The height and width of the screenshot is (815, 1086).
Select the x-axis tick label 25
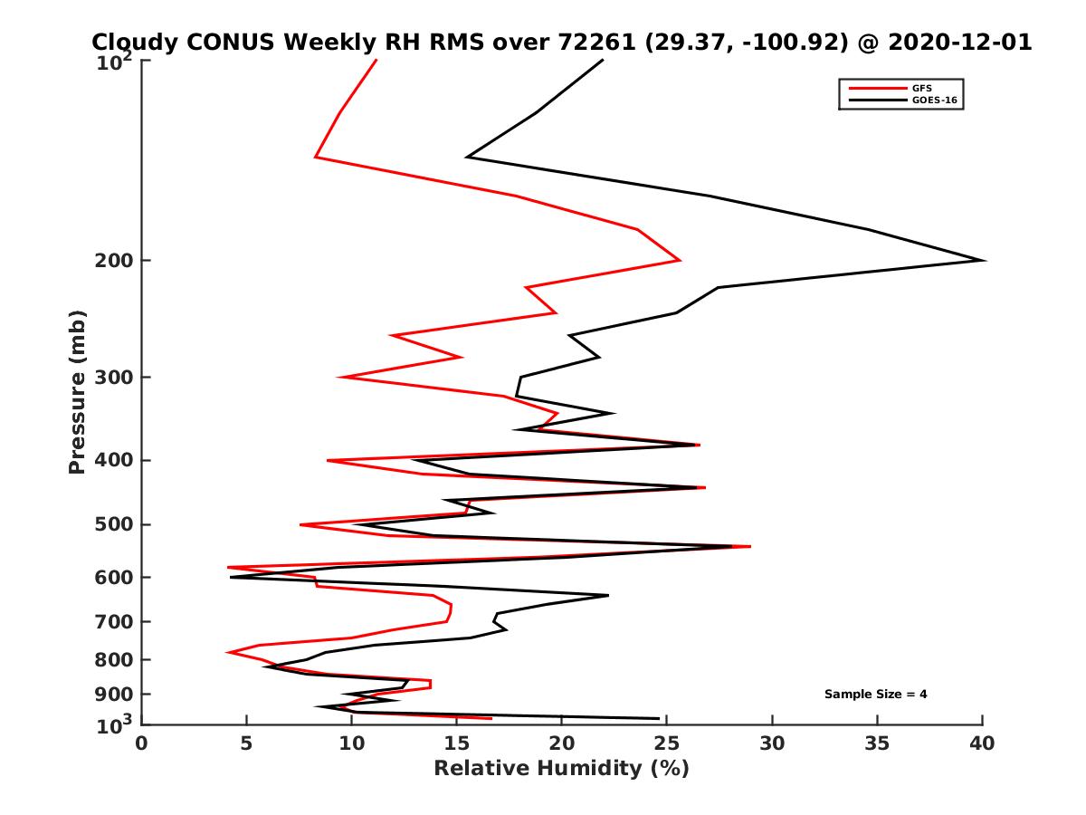pos(666,743)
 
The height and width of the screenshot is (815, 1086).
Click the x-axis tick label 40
pos(982,743)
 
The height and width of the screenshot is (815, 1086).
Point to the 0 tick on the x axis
pos(142,743)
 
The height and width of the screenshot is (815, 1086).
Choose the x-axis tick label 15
pos(456,743)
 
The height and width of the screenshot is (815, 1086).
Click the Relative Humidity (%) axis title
pos(561,769)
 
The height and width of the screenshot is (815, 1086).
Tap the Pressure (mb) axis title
pos(77,391)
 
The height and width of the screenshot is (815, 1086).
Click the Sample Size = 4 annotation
pos(875,695)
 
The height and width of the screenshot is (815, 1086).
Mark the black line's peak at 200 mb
pos(984,261)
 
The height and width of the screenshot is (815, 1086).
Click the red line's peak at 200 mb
pos(680,261)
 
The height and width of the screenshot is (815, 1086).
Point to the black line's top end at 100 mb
pos(603,60)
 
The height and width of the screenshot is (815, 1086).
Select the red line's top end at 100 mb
pos(376,60)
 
